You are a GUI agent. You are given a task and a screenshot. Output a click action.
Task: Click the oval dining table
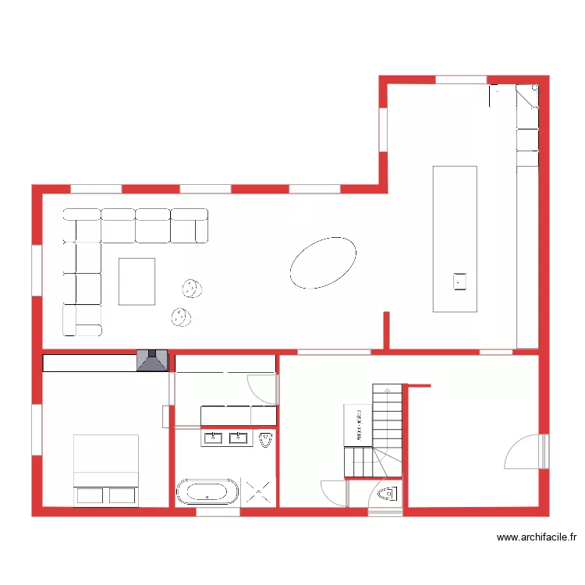tap(323, 263)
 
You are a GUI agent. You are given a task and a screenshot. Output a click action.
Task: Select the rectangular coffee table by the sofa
tap(136, 281)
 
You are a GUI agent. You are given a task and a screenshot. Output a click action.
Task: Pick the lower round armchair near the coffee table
tap(181, 316)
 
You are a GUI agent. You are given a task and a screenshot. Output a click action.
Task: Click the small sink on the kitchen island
tap(460, 280)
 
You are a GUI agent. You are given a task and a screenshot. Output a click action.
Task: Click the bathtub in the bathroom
tap(207, 491)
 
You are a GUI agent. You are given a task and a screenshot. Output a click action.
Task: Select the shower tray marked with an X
tap(259, 491)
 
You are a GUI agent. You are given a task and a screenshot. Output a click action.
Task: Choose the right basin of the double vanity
tap(239, 438)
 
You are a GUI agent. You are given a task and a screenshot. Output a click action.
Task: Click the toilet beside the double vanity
tap(267, 441)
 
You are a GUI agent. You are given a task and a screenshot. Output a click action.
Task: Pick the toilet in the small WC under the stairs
tap(387, 494)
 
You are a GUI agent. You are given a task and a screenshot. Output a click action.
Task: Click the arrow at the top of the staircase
tap(387, 388)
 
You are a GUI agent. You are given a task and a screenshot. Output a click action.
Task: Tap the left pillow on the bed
tap(90, 495)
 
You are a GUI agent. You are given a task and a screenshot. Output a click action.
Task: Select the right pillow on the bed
tap(122, 495)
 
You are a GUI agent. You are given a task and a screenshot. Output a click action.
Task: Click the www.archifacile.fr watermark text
tap(537, 537)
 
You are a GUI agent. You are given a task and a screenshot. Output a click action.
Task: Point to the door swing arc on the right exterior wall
tap(521, 452)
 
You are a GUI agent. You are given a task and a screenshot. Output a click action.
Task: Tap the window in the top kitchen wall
tap(460, 80)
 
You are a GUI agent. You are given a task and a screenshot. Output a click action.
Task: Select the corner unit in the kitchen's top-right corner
tap(527, 97)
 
